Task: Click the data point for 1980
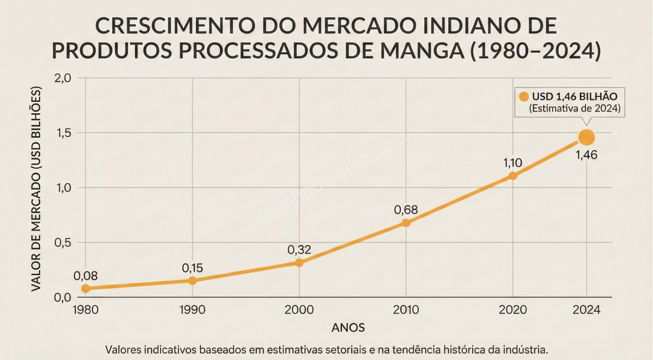pyautogui.click(x=86, y=288)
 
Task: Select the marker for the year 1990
pyautogui.click(x=193, y=281)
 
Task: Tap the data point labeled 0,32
pyautogui.click(x=299, y=263)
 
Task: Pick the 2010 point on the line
pyautogui.click(x=406, y=223)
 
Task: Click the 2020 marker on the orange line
pyautogui.click(x=513, y=176)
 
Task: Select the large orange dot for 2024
pyautogui.click(x=586, y=137)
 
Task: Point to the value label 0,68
pyautogui.click(x=406, y=210)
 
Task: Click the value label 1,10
pyautogui.click(x=512, y=163)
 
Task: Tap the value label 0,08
pyautogui.click(x=86, y=276)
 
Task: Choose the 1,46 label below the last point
pyautogui.click(x=586, y=155)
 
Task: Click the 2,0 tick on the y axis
pyautogui.click(x=63, y=78)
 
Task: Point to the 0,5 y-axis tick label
pyautogui.click(x=63, y=242)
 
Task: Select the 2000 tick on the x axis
pyautogui.click(x=299, y=310)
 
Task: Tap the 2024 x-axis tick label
pyautogui.click(x=586, y=310)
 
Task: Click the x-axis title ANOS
pyautogui.click(x=348, y=328)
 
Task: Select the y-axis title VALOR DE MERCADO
pyautogui.click(x=36, y=189)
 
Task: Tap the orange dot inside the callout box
pyautogui.click(x=524, y=97)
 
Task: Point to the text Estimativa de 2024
pyautogui.click(x=574, y=108)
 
